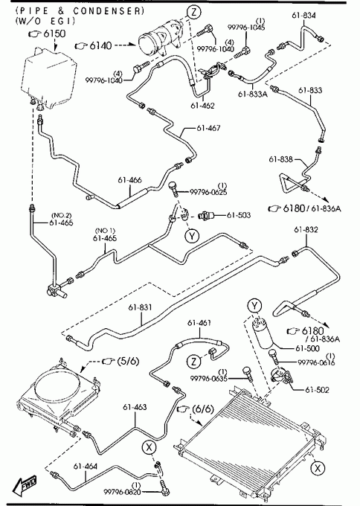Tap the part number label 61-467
208,128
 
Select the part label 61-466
129,180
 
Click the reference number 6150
54,33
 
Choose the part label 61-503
239,215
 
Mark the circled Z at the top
194,12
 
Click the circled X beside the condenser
318,468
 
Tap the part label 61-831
140,307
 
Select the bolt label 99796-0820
122,492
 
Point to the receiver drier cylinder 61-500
263,333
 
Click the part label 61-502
317,390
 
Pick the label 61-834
304,16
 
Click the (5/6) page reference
129,361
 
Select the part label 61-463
135,407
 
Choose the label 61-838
280,159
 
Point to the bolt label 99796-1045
246,28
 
